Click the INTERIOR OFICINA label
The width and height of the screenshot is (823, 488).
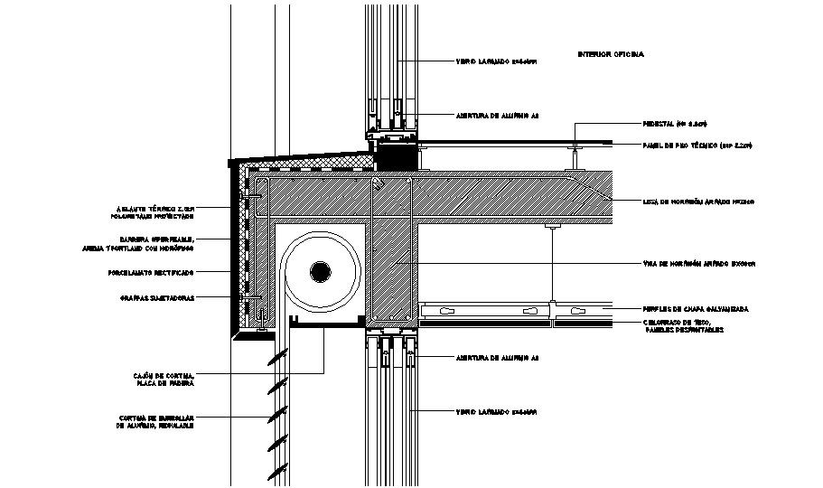pos(611,55)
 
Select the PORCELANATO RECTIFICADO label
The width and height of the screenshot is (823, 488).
pos(156,271)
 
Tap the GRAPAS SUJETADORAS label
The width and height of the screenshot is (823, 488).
pos(154,297)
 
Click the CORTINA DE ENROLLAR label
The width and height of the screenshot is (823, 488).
pos(155,420)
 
